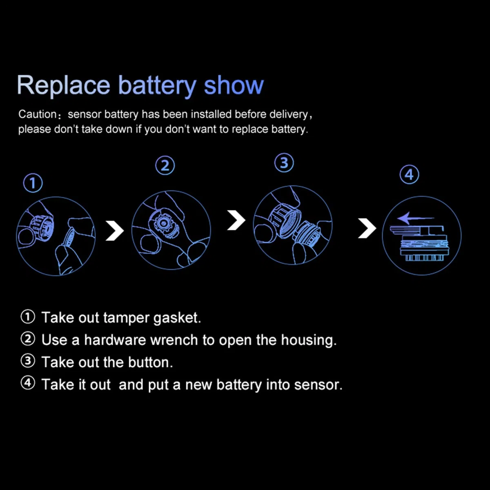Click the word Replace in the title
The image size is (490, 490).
[x=63, y=86]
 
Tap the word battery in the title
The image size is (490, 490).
[x=157, y=86]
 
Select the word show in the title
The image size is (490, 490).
[x=234, y=85]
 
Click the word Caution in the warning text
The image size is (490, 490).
[x=38, y=114]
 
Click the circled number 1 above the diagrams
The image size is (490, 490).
[x=33, y=183]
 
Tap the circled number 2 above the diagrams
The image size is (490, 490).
[x=165, y=165]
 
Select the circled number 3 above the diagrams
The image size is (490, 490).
[x=284, y=163]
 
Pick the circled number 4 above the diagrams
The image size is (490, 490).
[x=410, y=174]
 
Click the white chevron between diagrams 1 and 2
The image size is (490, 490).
[x=115, y=231]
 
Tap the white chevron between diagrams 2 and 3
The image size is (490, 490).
[x=236, y=220]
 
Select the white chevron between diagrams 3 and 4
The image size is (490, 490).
[x=367, y=228]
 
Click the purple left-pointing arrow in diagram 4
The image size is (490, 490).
[x=416, y=218]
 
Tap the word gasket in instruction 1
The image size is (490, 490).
[x=177, y=318]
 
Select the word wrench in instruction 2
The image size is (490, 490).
[x=174, y=340]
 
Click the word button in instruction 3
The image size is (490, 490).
[x=151, y=362]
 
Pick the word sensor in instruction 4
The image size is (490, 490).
[x=318, y=385]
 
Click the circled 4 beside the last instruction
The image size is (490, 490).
[x=28, y=383]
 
